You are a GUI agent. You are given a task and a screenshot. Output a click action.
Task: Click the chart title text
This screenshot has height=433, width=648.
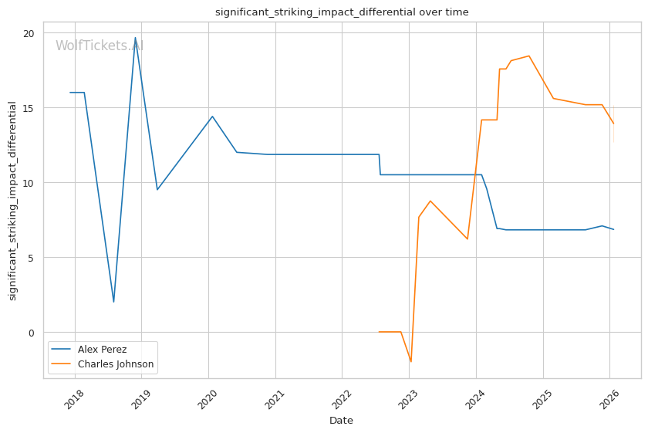pyautogui.click(x=341, y=12)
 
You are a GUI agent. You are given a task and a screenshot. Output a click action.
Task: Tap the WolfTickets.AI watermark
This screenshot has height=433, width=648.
pyautogui.click(x=100, y=46)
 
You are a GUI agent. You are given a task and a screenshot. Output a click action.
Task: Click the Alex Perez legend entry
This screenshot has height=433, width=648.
pyautogui.click(x=102, y=350)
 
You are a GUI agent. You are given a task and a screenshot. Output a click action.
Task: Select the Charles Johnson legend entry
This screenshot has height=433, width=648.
pyautogui.click(x=115, y=364)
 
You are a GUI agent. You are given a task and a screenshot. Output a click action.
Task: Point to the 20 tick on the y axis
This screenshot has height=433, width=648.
pyautogui.click(x=29, y=33)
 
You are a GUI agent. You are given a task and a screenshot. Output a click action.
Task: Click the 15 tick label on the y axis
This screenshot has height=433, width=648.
pyautogui.click(x=29, y=108)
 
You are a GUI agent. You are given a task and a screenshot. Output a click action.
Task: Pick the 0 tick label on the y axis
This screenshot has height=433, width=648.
pyautogui.click(x=32, y=333)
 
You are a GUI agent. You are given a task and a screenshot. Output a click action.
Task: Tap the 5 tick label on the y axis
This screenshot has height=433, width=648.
pyautogui.click(x=32, y=258)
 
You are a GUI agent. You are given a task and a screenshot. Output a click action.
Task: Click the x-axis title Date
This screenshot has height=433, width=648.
pyautogui.click(x=341, y=421)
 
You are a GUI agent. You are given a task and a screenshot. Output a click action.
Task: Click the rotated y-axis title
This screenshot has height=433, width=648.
pyautogui.click(x=13, y=201)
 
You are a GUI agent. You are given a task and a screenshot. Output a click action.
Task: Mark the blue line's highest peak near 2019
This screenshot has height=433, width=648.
pyautogui.click(x=135, y=38)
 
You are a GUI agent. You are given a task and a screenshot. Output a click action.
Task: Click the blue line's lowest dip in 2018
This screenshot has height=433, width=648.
pyautogui.click(x=113, y=302)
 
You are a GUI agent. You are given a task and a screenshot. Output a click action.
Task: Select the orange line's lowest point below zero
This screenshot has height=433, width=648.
pyautogui.click(x=410, y=361)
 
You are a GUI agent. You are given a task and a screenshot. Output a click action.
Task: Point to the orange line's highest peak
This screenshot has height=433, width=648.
pyautogui.click(x=528, y=56)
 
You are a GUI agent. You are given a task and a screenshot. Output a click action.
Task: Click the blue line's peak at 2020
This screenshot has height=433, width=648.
pyautogui.click(x=212, y=117)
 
